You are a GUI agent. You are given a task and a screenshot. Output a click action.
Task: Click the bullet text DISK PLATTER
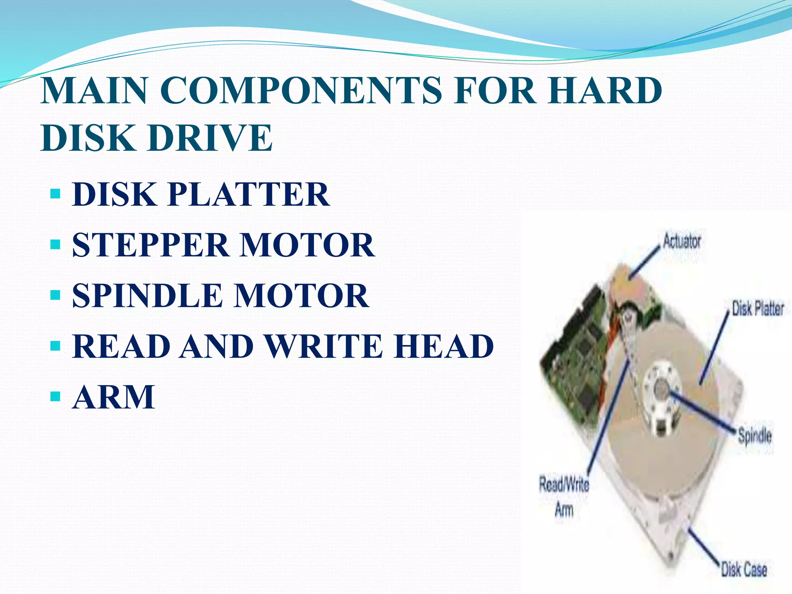coord(201,194)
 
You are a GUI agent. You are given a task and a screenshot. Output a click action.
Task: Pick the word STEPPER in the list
coord(151,245)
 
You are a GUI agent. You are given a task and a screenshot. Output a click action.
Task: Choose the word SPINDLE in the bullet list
coord(147,295)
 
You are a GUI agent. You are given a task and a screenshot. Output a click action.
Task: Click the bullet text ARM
coord(114,397)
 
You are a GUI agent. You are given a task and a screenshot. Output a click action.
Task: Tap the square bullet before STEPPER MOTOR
coord(55,244)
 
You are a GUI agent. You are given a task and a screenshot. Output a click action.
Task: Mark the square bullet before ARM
coord(55,396)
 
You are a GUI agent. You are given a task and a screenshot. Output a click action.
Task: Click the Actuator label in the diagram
coord(681,241)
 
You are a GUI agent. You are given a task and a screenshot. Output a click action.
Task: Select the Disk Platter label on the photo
coord(757,309)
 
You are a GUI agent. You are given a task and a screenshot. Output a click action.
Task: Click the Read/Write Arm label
coord(564,497)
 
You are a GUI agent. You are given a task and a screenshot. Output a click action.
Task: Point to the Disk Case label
coord(743,569)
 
